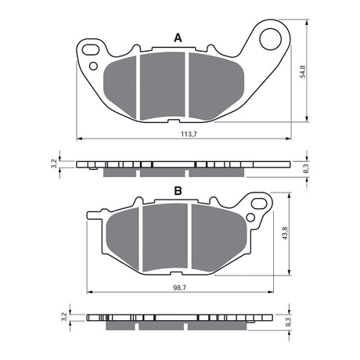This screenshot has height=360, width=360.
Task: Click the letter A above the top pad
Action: [178, 38]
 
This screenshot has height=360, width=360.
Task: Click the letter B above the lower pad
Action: [178, 191]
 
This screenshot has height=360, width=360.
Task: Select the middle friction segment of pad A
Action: [162, 86]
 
